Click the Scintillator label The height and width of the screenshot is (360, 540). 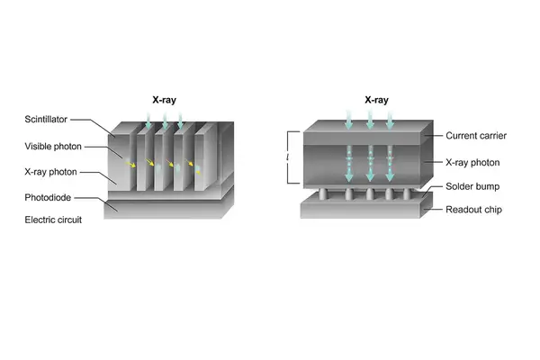[x=46, y=119]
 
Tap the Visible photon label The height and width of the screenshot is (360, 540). [x=53, y=147]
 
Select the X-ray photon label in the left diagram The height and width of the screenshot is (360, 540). [x=50, y=172]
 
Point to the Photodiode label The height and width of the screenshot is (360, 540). [x=48, y=197]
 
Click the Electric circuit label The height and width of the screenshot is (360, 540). [x=53, y=220]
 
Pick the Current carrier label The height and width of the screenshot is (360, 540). [x=476, y=136]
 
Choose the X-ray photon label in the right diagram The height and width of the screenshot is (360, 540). [x=472, y=163]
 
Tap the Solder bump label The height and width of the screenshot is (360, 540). [x=472, y=186]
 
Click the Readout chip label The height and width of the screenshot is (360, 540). [x=473, y=210]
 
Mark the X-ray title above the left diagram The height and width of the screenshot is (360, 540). [x=165, y=100]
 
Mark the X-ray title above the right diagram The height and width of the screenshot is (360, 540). [x=376, y=100]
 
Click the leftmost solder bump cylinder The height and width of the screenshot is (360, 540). [x=323, y=193]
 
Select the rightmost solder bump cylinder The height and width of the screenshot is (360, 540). [x=407, y=193]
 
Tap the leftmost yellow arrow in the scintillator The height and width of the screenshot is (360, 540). [x=130, y=165]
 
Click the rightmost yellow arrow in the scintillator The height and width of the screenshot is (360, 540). [x=189, y=162]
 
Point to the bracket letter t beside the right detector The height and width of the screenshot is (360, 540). [x=288, y=157]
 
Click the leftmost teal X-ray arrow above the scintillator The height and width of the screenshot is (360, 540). [x=148, y=121]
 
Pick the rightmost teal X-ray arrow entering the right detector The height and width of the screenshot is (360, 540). [x=390, y=120]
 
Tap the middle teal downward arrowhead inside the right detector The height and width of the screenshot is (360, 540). [x=370, y=176]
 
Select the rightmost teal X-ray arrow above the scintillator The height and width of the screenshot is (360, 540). [x=180, y=121]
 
